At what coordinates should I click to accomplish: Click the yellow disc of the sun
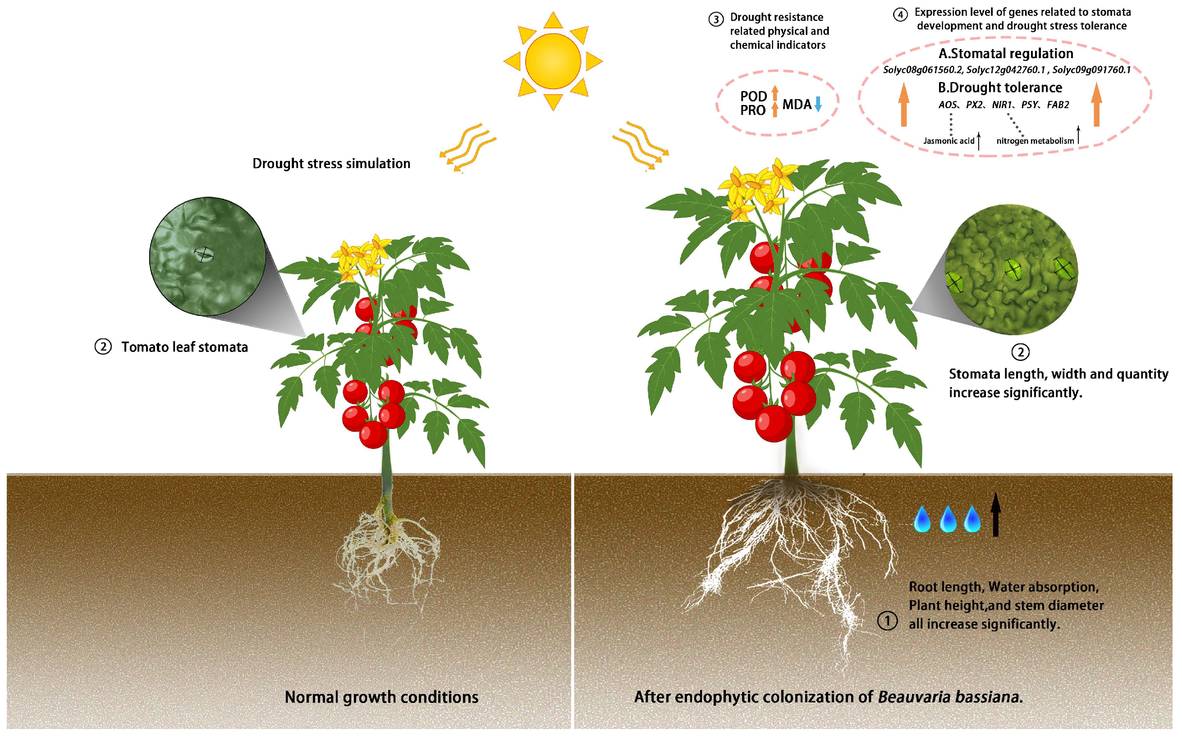pyautogui.click(x=553, y=61)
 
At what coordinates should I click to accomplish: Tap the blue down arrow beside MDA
pyautogui.click(x=818, y=104)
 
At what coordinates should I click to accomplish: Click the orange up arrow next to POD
pyautogui.click(x=775, y=93)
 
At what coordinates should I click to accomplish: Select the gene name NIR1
pyautogui.click(x=1002, y=105)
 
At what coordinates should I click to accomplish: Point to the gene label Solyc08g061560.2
pyautogui.click(x=922, y=70)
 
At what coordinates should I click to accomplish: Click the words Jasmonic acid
pyautogui.click(x=948, y=141)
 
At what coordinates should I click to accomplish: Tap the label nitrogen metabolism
pyautogui.click(x=1035, y=141)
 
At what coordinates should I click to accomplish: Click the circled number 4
pyautogui.click(x=900, y=15)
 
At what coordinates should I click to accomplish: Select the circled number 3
pyautogui.click(x=716, y=19)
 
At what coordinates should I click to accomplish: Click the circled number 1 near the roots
pyautogui.click(x=887, y=621)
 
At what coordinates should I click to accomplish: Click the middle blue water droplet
pyautogui.click(x=948, y=519)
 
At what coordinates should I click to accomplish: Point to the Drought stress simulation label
pyautogui.click(x=331, y=164)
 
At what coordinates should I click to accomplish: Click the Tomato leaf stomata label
pyautogui.click(x=184, y=347)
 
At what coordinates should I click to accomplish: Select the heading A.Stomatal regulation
pyautogui.click(x=1006, y=53)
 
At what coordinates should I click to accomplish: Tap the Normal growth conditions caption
pyautogui.click(x=381, y=697)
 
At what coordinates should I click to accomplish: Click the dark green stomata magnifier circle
pyautogui.click(x=208, y=256)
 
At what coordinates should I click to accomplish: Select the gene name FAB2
pyautogui.click(x=1058, y=105)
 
